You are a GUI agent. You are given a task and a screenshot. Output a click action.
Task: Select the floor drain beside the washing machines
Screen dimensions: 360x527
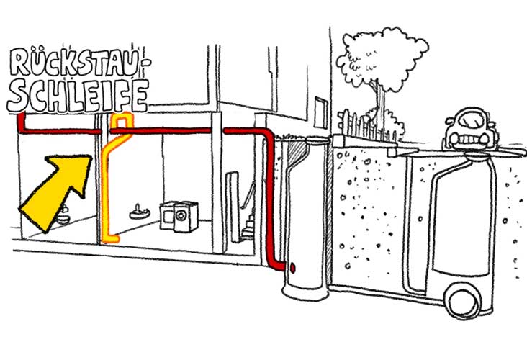[x=138, y=211]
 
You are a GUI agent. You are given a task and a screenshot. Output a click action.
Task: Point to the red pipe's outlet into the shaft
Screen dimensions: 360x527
[x=293, y=268]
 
